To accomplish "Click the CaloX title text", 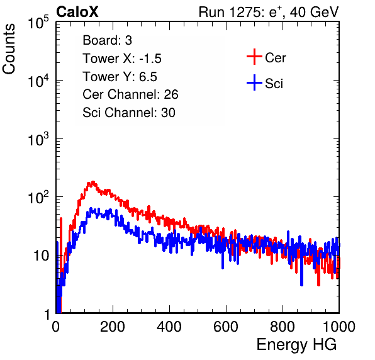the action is pos(77,12).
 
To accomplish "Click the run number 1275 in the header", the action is pos(243,12).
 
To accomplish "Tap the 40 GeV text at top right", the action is pos(315,12).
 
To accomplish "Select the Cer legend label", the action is pos(275,58).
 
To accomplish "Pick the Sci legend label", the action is pos(274,84).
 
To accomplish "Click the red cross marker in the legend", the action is pos(254,57).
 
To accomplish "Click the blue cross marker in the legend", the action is pos(254,82).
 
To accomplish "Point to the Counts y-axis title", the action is pos(9,49).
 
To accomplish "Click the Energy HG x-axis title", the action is pos(296,345).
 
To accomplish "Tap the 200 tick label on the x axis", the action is pos(113,327).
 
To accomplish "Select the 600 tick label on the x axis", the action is pos(226,327).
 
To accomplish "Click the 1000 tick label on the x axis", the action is pos(339,327).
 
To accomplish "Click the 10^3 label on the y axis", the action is pos(38,139).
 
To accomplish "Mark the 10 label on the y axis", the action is pos(41,256).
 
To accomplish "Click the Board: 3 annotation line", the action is pos(107,40).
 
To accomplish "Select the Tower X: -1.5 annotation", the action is pos(122,59).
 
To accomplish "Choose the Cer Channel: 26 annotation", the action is pos(130,94).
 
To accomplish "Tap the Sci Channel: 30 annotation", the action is pos(129,113).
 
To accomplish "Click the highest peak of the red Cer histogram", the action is pos(93,182).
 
